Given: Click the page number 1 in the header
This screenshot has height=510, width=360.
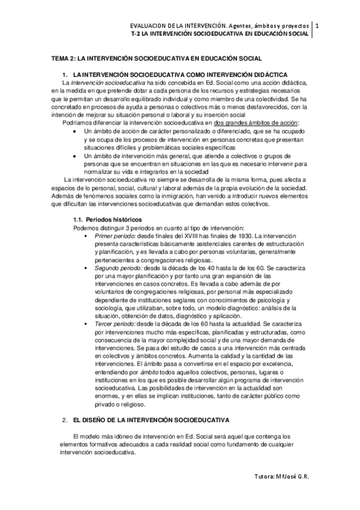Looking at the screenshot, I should (x=317, y=26).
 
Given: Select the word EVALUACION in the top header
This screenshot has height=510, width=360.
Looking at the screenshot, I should (x=149, y=26).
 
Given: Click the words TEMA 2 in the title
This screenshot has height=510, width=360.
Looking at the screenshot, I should (x=62, y=58).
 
